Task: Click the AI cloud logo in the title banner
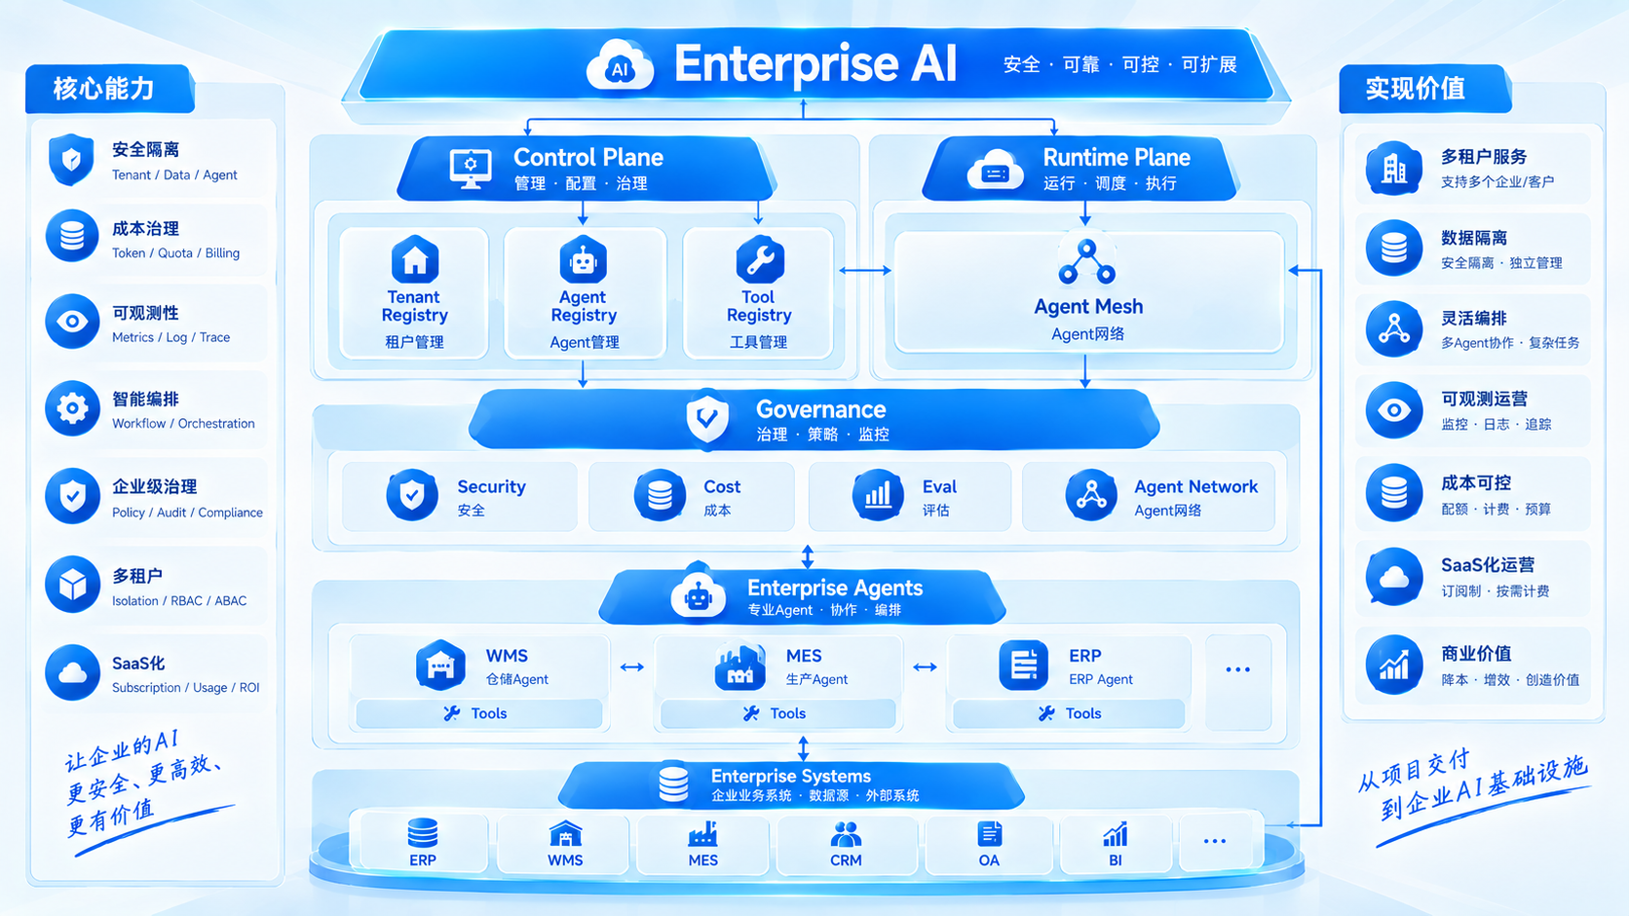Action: point(620,64)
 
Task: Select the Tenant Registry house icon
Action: point(415,259)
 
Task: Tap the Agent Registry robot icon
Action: point(584,259)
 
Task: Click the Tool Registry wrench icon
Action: point(760,259)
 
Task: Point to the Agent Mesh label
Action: point(1088,306)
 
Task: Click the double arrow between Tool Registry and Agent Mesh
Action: point(865,271)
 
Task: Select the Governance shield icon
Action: point(707,417)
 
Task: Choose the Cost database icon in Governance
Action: point(660,495)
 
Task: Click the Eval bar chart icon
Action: point(878,495)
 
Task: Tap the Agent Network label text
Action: point(1195,486)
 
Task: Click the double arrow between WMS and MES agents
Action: point(632,668)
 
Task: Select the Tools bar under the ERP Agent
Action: point(1069,713)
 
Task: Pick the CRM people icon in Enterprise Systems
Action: point(846,834)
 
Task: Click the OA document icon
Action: point(989,834)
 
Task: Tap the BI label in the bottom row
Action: point(1116,860)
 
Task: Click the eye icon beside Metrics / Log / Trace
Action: point(73,322)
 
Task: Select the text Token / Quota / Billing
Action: point(176,253)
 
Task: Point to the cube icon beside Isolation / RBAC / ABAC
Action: point(73,585)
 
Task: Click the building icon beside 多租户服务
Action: point(1393,168)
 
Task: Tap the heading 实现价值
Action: point(1416,89)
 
